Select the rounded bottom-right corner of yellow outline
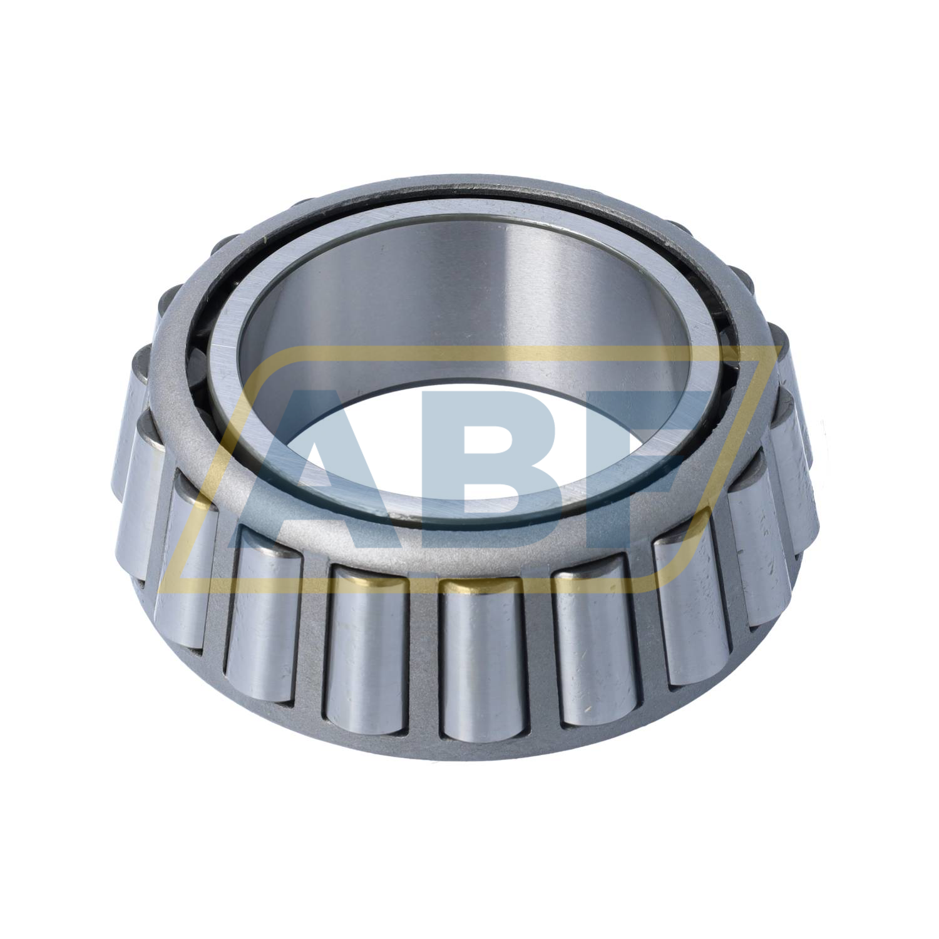679,573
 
